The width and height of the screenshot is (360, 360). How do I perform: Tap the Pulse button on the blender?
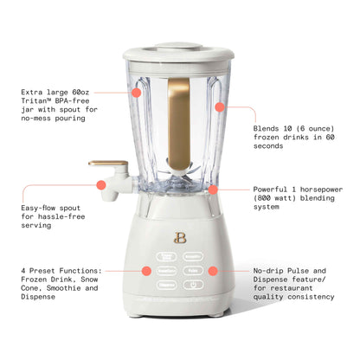(193, 270)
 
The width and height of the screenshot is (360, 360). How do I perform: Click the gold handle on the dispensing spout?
(107, 163)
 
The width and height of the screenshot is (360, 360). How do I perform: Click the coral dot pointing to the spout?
(101, 184)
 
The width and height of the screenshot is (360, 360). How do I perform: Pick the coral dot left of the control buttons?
(147, 270)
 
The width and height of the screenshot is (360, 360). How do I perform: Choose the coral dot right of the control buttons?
(213, 270)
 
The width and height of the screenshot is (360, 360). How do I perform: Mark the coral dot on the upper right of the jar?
(221, 107)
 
